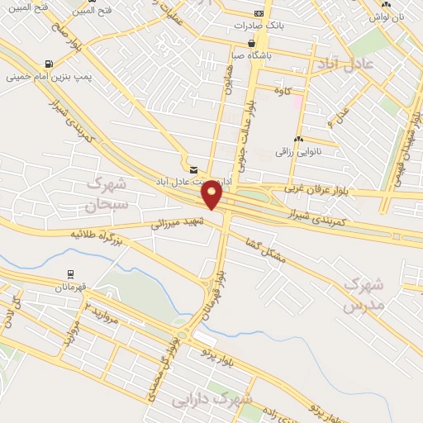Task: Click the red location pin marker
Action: pos(213,195)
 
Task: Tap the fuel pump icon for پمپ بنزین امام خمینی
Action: pos(49,64)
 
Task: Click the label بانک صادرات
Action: pos(283,24)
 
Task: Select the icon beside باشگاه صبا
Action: pos(251,43)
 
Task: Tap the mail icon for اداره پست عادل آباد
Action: pos(193,169)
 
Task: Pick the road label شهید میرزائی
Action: pos(176,217)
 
